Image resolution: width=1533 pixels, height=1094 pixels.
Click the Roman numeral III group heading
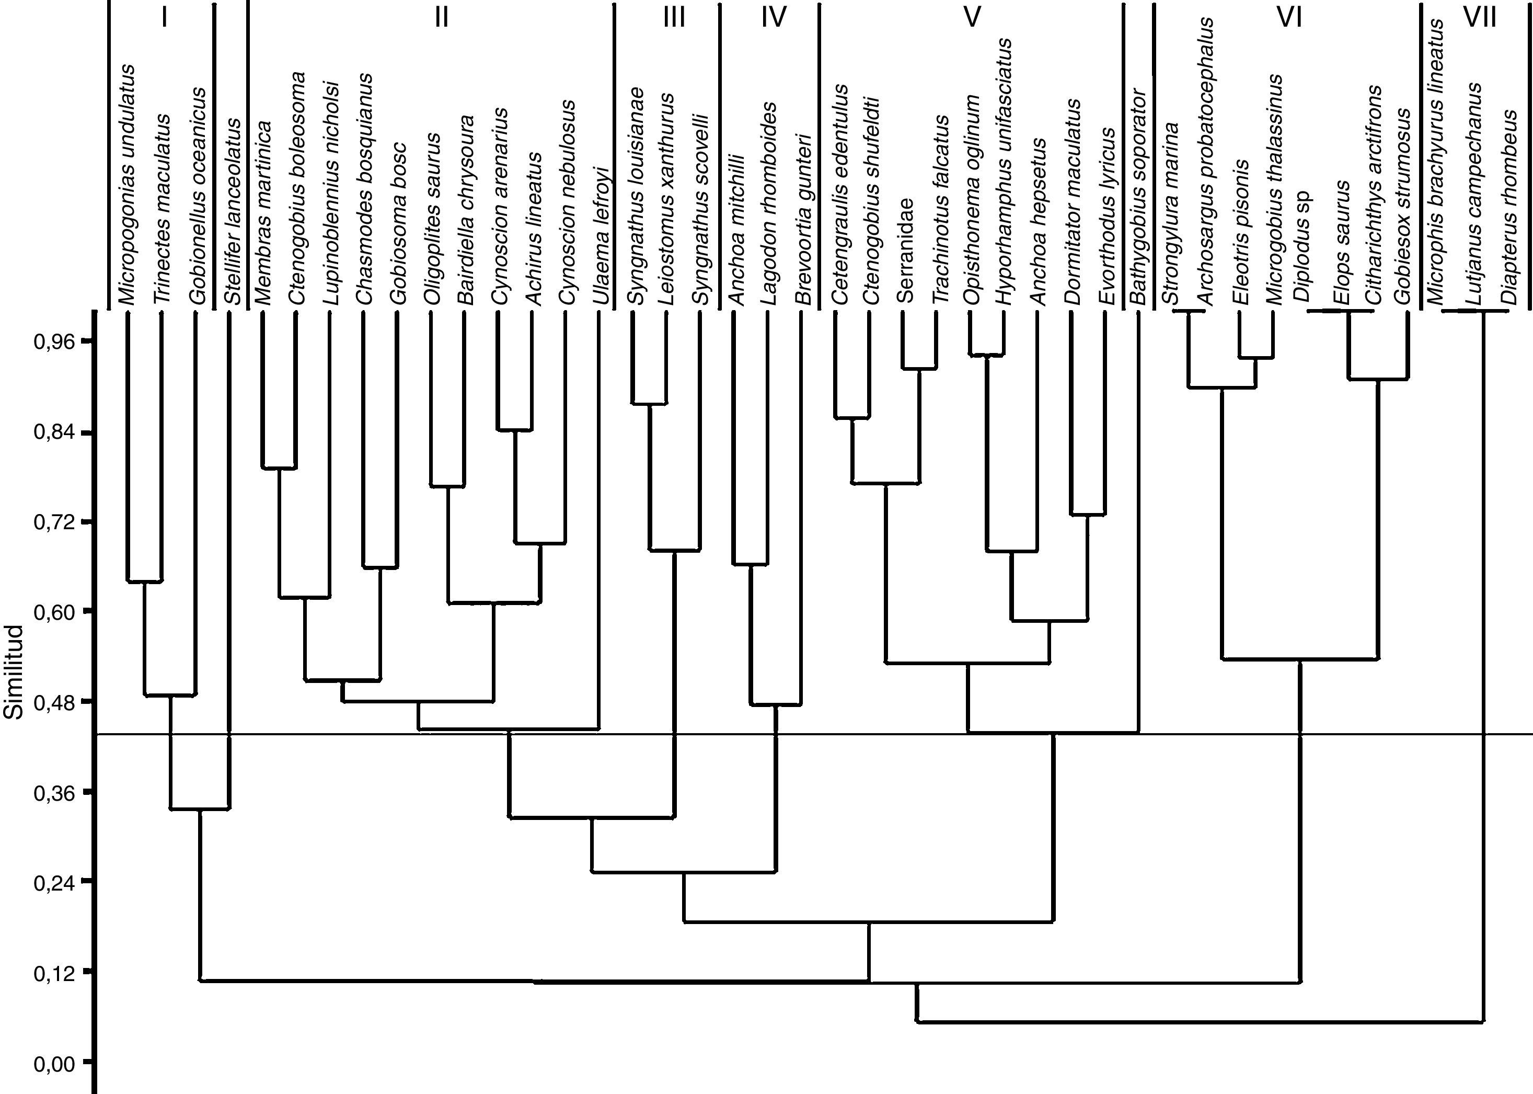coord(673,17)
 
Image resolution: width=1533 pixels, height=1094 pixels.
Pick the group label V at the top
coord(972,17)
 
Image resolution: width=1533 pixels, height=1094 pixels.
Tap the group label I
coord(164,17)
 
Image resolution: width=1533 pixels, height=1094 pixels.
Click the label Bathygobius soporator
coord(1138,196)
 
